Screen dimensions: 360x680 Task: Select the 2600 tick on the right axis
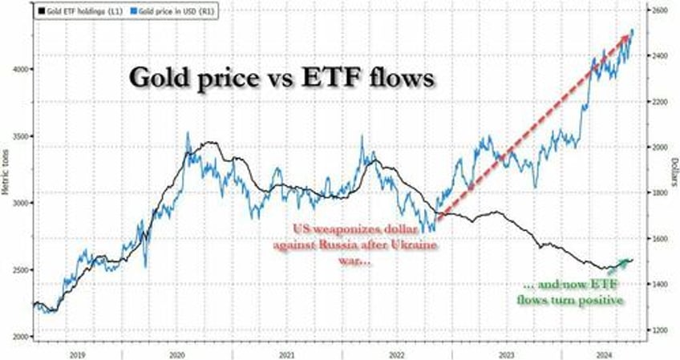click(x=658, y=10)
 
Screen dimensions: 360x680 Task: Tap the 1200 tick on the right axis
click(x=658, y=330)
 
